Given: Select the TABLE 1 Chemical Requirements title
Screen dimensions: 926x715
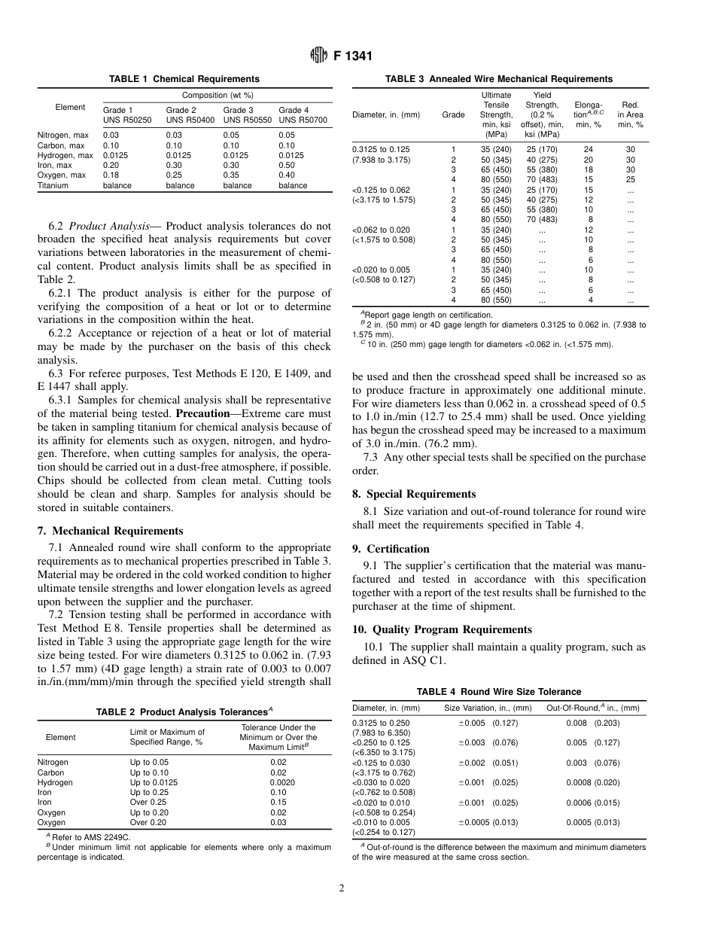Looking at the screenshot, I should [x=184, y=79].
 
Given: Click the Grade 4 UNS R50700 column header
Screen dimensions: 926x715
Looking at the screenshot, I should [x=303, y=115].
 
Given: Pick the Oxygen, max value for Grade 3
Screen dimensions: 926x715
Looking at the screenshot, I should [x=231, y=175].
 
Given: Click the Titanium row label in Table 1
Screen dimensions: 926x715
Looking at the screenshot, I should [x=53, y=185].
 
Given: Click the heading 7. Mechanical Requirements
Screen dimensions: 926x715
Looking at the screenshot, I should [x=110, y=531].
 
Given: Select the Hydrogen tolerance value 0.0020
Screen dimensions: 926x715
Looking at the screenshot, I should [x=278, y=782].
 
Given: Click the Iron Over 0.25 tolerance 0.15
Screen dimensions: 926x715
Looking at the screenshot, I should [x=278, y=803].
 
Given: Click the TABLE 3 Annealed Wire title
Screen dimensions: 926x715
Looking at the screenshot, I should [x=498, y=79].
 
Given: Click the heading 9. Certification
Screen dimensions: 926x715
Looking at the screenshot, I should [x=391, y=549].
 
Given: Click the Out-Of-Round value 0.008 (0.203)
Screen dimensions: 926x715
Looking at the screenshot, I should [x=592, y=723].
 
